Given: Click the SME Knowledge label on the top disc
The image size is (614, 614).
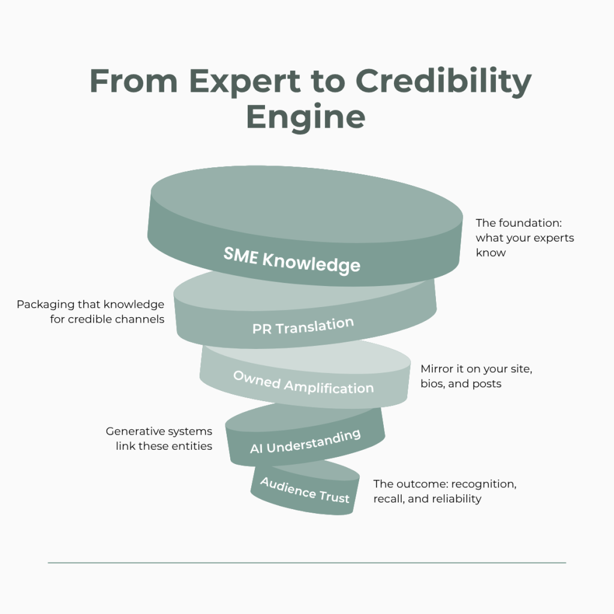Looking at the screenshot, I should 292,260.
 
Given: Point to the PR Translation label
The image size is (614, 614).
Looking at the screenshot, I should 303,326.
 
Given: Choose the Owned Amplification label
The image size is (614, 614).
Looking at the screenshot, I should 303,382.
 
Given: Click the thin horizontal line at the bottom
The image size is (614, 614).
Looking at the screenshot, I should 307,563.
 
